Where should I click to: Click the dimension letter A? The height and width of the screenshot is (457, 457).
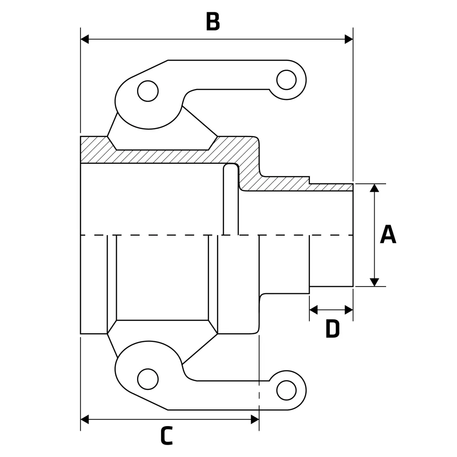388,235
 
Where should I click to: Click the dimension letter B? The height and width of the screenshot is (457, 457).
213,22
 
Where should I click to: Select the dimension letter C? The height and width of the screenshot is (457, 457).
166,436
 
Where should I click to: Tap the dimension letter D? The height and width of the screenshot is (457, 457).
332,329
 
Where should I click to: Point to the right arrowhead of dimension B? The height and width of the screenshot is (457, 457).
348,39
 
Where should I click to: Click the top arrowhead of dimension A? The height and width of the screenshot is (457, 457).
375,188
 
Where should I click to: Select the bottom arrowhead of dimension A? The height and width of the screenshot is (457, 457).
375,282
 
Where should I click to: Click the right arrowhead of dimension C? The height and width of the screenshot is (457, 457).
255,419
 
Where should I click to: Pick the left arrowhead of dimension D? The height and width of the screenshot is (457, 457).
314,310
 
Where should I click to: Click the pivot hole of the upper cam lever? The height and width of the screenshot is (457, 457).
148,91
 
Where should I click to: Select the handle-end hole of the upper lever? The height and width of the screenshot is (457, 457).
286,79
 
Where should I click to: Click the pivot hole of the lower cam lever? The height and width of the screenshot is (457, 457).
148,379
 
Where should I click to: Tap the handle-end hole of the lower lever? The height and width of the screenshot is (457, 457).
286,390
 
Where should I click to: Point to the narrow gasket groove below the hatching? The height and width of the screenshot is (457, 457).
231,200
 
